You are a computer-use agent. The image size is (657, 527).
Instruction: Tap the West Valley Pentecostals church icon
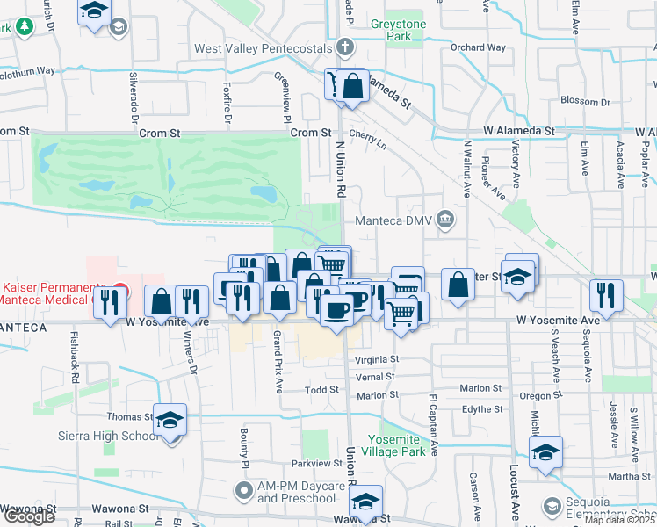click(x=347, y=47)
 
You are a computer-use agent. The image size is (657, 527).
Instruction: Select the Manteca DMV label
click(x=394, y=220)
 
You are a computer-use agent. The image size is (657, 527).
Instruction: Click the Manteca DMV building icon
click(x=445, y=219)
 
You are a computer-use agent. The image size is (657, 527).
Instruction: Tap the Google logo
click(x=28, y=516)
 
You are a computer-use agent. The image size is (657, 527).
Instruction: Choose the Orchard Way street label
click(x=478, y=47)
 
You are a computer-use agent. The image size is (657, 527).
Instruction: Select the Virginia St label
click(x=377, y=359)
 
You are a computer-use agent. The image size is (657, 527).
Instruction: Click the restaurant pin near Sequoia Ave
click(x=605, y=294)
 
